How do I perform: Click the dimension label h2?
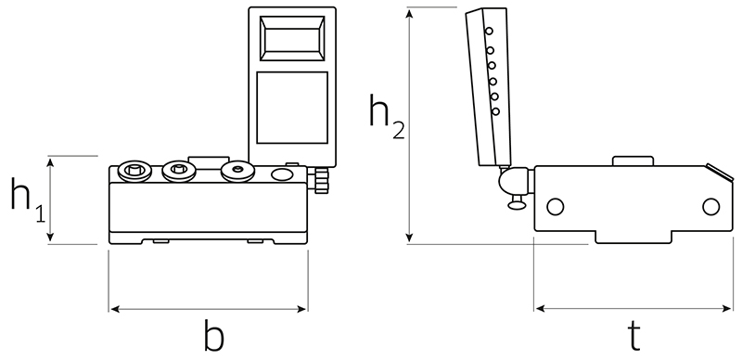387,116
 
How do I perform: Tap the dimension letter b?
213,335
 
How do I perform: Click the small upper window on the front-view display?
292,38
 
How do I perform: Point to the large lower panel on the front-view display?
292,108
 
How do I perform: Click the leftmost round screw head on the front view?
134,171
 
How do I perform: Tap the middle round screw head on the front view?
179,171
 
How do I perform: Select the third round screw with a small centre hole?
238,172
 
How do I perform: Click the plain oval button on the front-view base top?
282,174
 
